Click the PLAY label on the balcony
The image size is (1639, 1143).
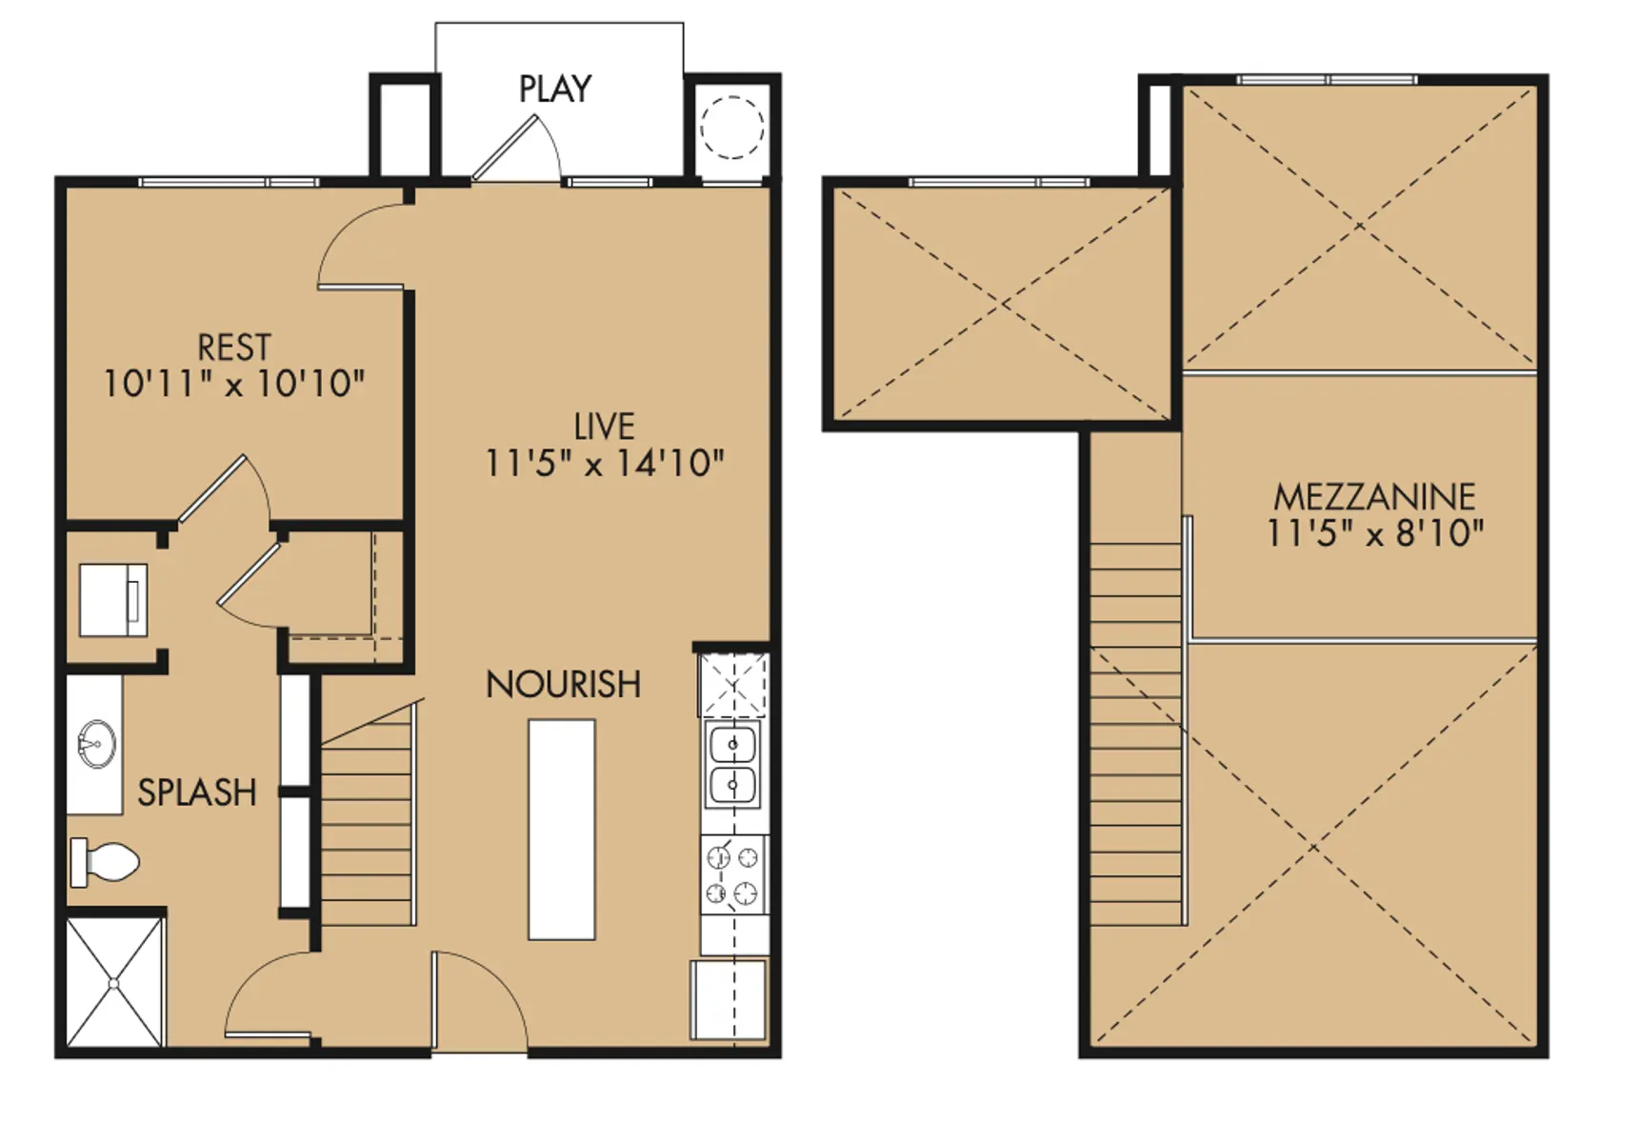555,89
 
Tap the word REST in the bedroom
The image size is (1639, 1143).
234,347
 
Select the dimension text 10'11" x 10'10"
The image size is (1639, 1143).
234,384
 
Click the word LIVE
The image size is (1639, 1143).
605,426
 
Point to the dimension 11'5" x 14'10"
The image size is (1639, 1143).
605,463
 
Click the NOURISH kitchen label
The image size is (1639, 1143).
563,684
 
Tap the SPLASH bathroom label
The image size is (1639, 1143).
197,792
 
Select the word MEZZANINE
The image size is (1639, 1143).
1374,496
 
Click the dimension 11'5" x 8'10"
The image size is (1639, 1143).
1374,532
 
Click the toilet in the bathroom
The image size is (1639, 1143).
105,862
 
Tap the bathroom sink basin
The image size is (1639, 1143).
97,744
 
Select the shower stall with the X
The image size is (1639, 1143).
115,982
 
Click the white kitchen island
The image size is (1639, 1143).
562,830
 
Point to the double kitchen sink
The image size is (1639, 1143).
732,764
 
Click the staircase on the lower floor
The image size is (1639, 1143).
369,814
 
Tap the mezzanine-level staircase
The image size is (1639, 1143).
1137,733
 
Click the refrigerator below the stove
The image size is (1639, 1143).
729,1000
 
